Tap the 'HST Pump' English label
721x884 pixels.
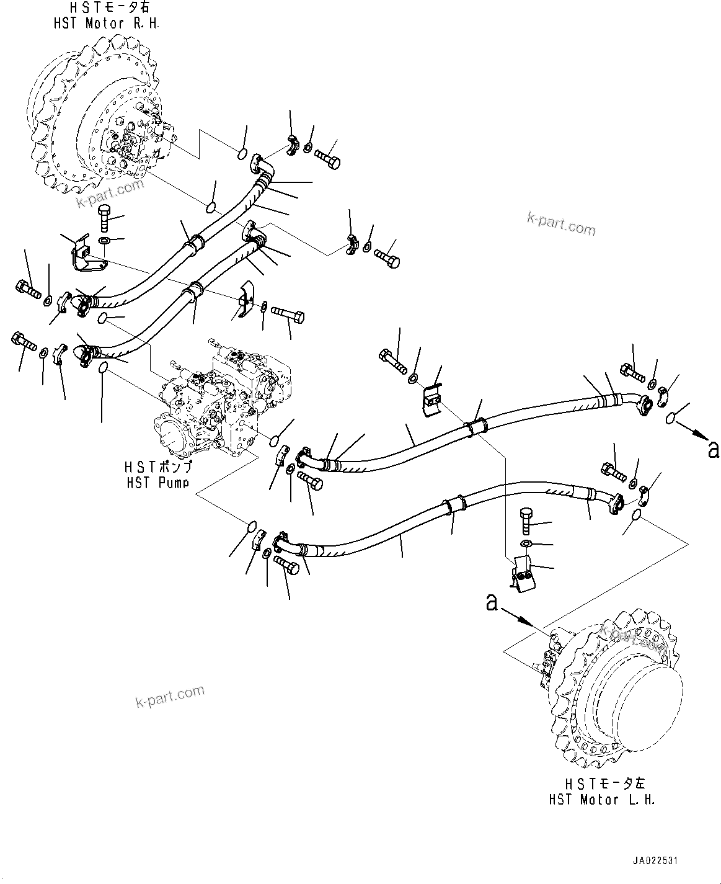coord(157,483)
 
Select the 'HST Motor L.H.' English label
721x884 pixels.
coord(601,800)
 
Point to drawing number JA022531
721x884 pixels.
coord(655,861)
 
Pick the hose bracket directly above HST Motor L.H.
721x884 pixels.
coord(521,574)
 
